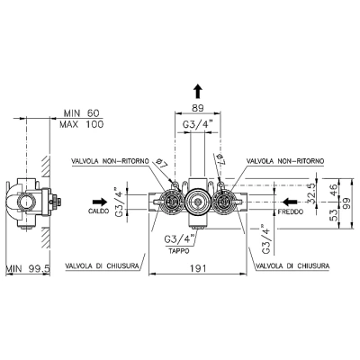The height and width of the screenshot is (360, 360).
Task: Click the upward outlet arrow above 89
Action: [x=198, y=91]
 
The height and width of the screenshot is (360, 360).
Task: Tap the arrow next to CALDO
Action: [x=100, y=202]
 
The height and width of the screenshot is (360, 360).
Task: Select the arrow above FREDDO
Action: [x=290, y=202]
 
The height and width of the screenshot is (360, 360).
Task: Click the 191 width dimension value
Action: [x=198, y=268]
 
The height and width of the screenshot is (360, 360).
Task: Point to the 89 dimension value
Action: [x=198, y=108]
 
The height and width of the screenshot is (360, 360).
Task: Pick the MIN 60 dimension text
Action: [x=81, y=113]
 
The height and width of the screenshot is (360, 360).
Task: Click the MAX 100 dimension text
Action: [x=81, y=124]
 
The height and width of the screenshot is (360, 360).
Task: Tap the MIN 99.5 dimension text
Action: [x=28, y=268]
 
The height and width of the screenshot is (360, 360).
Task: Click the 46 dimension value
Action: [x=334, y=190]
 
